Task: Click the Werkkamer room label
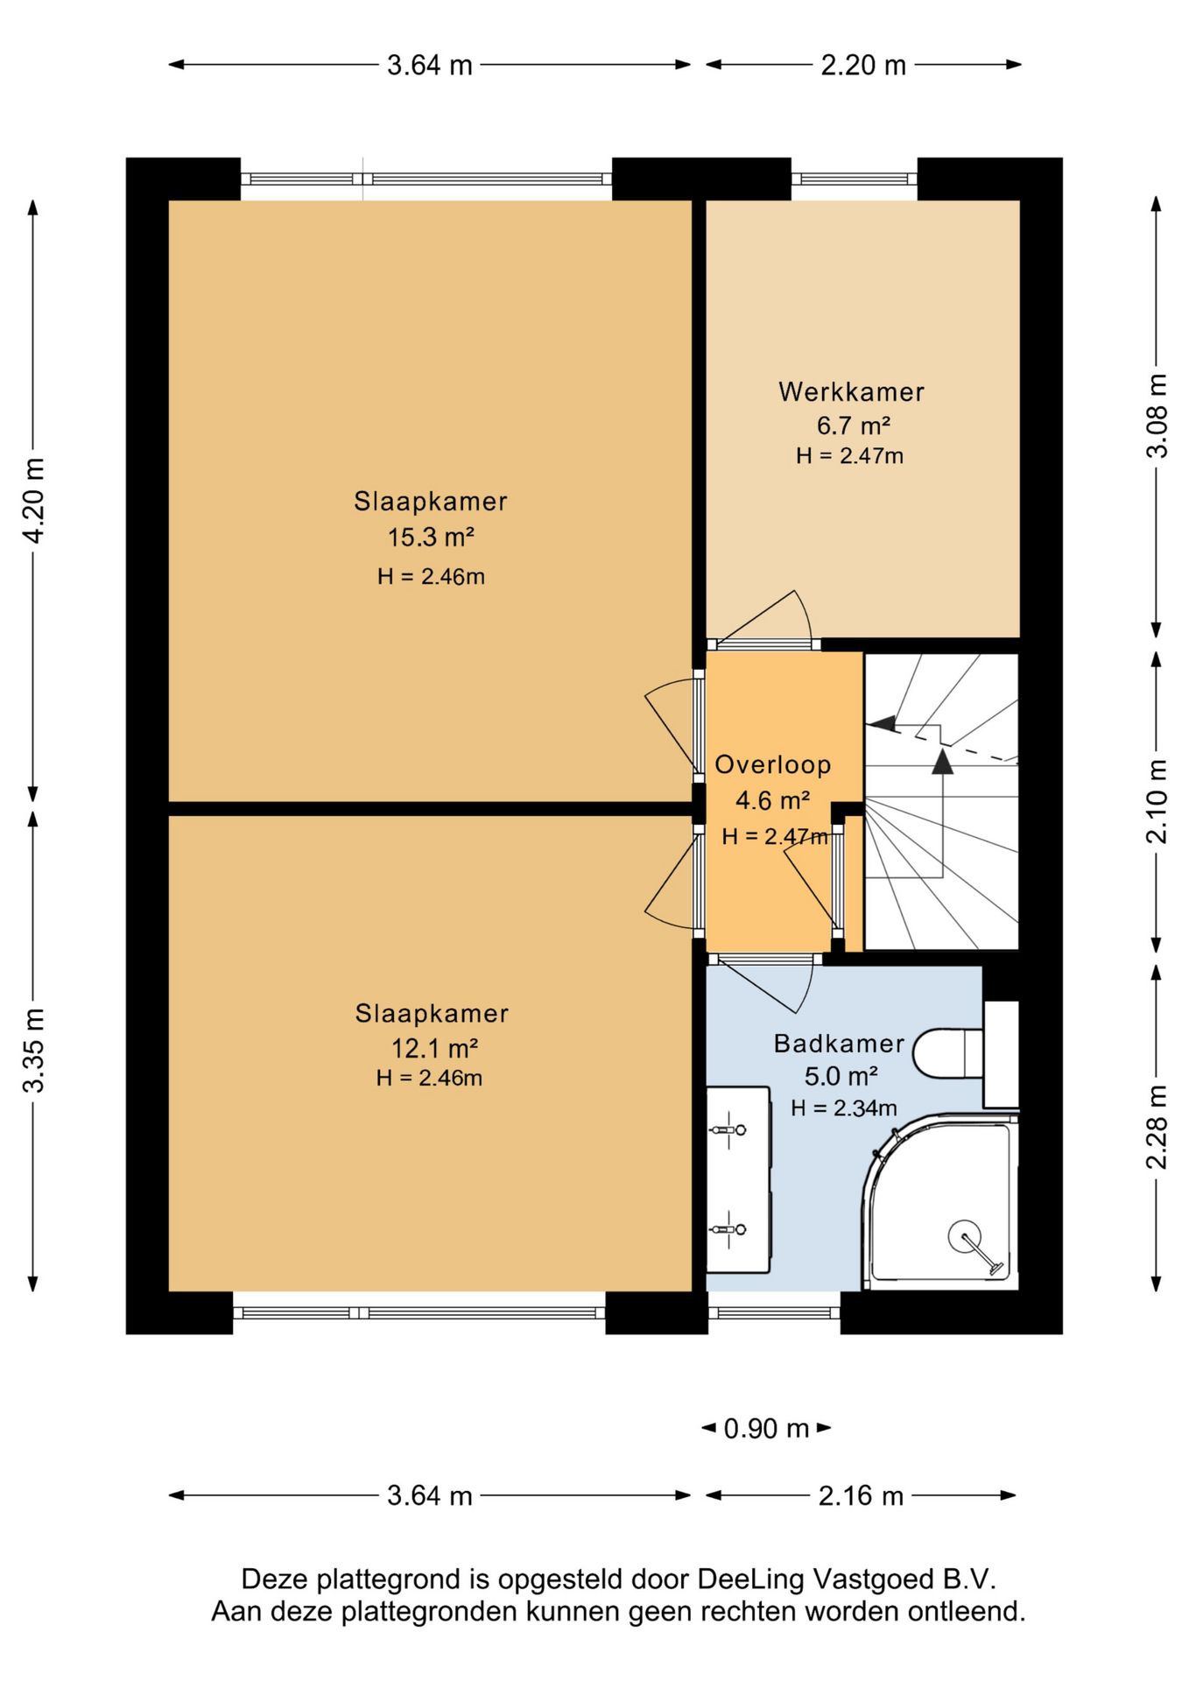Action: (x=851, y=391)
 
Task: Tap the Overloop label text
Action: (x=773, y=764)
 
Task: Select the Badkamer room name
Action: (x=839, y=1043)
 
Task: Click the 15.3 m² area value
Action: (x=431, y=537)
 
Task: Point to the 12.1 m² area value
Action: (x=433, y=1047)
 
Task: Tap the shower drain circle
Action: (x=965, y=1237)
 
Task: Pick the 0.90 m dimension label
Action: (x=766, y=1429)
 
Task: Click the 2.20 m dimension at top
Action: (x=863, y=65)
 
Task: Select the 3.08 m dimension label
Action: (x=1157, y=415)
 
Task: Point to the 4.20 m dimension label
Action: (x=33, y=501)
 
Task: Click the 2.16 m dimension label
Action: (x=861, y=1495)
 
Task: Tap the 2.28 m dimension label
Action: (x=1157, y=1127)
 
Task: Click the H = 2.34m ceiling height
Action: (x=844, y=1108)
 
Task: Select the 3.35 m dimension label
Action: (x=33, y=1050)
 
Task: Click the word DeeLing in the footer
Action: (x=750, y=1579)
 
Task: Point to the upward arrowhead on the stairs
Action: (x=942, y=761)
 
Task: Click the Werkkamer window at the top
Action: (x=855, y=179)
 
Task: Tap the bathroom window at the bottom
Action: (x=774, y=1312)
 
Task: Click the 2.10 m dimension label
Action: (x=1157, y=801)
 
